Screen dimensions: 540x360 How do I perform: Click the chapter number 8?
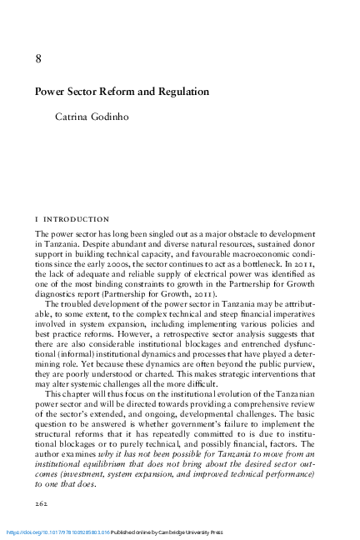pos(38,58)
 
